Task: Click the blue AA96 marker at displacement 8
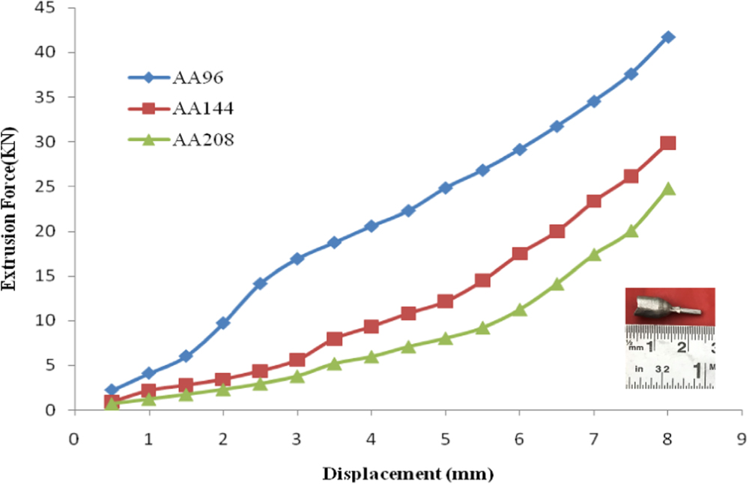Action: (x=668, y=37)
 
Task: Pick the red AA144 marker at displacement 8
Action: (x=668, y=143)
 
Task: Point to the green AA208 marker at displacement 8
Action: (x=668, y=189)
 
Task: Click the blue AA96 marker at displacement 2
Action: (x=222, y=323)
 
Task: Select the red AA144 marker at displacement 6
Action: (x=520, y=254)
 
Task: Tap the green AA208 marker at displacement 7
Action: (x=594, y=255)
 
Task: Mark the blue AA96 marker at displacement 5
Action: (x=446, y=187)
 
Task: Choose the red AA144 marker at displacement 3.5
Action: (x=334, y=339)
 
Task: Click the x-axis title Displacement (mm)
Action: (x=408, y=474)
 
